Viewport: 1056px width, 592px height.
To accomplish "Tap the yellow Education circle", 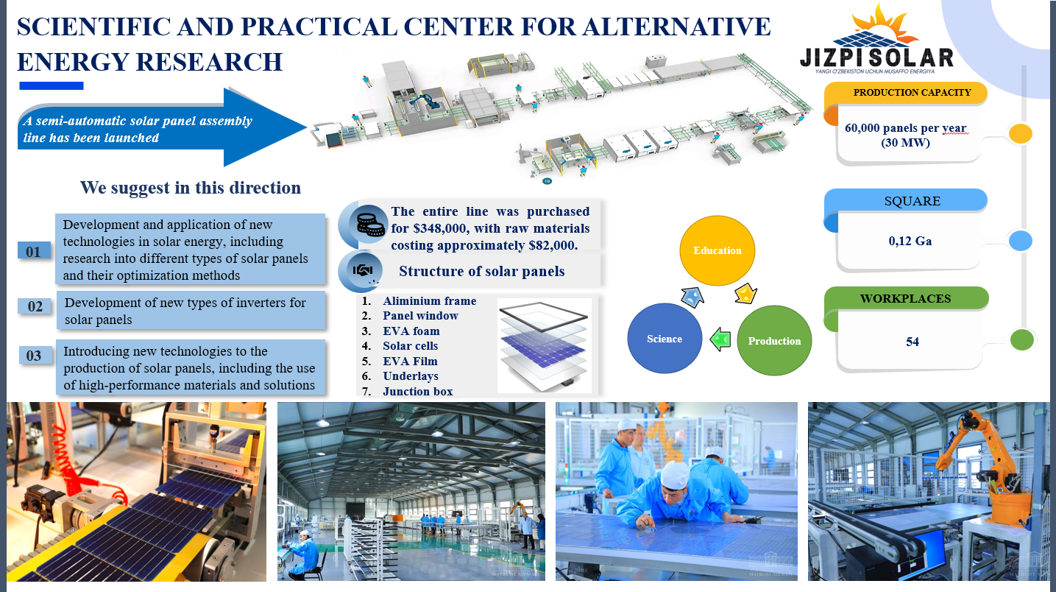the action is tap(717, 250).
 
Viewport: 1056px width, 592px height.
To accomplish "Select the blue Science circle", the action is tap(665, 338).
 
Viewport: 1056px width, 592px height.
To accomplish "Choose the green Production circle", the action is tap(774, 341).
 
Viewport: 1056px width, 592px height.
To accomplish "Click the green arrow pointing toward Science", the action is tap(720, 339).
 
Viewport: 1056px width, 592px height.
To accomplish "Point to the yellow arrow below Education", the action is tap(745, 294).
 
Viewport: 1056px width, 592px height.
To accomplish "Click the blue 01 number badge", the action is tap(34, 251).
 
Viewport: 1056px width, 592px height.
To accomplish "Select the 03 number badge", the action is tap(35, 355).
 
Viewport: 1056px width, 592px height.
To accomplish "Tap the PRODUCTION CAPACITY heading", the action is tap(912, 93).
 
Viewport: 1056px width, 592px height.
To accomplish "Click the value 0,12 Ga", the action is tap(910, 241).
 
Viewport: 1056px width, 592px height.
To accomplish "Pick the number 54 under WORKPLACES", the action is tap(913, 342).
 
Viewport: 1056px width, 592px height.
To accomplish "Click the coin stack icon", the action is tap(369, 224).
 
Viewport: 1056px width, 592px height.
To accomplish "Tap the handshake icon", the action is tap(363, 270).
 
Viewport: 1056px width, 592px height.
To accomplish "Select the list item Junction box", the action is tap(418, 391).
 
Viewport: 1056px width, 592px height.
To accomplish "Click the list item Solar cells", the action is tap(410, 346).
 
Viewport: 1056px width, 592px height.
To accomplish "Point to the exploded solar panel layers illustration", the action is tap(545, 346).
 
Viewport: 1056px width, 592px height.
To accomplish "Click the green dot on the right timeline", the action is tap(1021, 339).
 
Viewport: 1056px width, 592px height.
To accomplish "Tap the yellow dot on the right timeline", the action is tap(1020, 133).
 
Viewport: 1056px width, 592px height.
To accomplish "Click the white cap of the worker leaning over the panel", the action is tap(676, 474).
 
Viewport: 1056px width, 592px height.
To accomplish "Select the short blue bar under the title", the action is tap(52, 86).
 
